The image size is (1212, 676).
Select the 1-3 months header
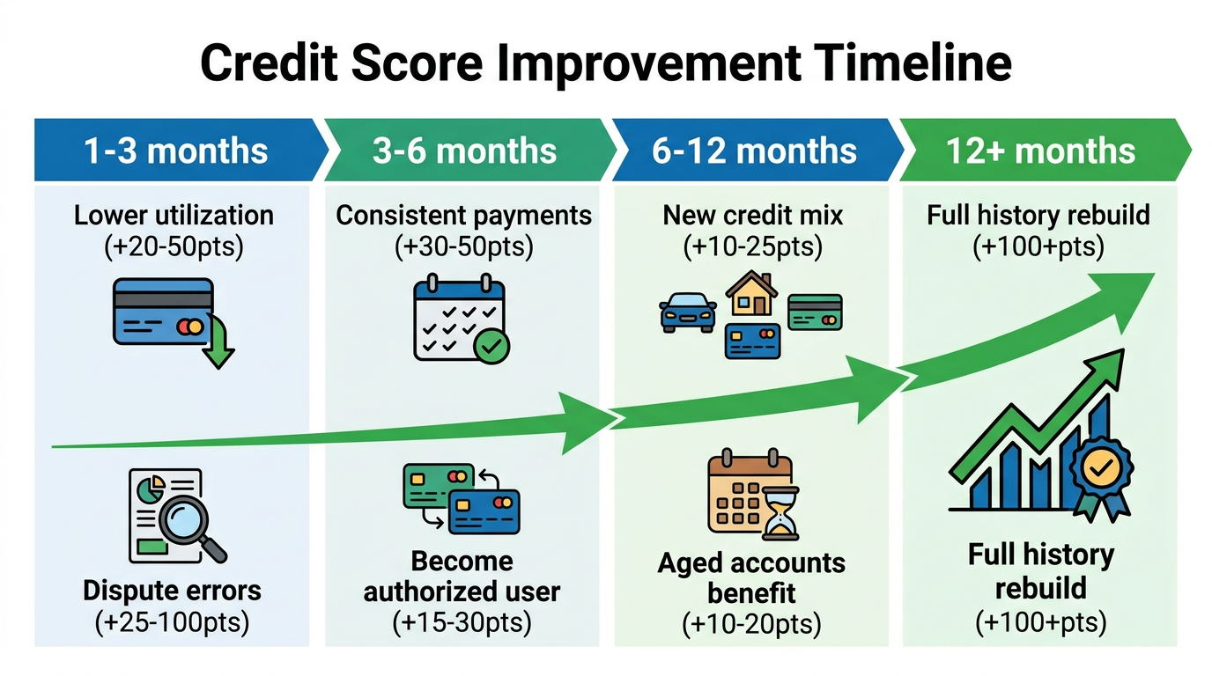click(175, 151)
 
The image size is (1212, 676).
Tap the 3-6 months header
click(464, 151)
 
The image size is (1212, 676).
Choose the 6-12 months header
click(754, 151)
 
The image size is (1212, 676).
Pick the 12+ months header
click(1040, 151)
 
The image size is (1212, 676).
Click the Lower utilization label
click(174, 215)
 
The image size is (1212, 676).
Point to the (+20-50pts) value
click(174, 246)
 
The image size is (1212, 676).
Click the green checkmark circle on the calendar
click(491, 346)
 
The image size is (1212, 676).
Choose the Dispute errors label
click(172, 590)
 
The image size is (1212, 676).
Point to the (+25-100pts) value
click(172, 622)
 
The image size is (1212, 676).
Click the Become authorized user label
click(462, 577)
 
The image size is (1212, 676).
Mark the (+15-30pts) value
click(462, 623)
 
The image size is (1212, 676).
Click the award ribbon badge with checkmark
click(1100, 473)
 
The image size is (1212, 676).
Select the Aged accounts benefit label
click(751, 577)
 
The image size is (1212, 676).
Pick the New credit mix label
click(752, 215)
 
